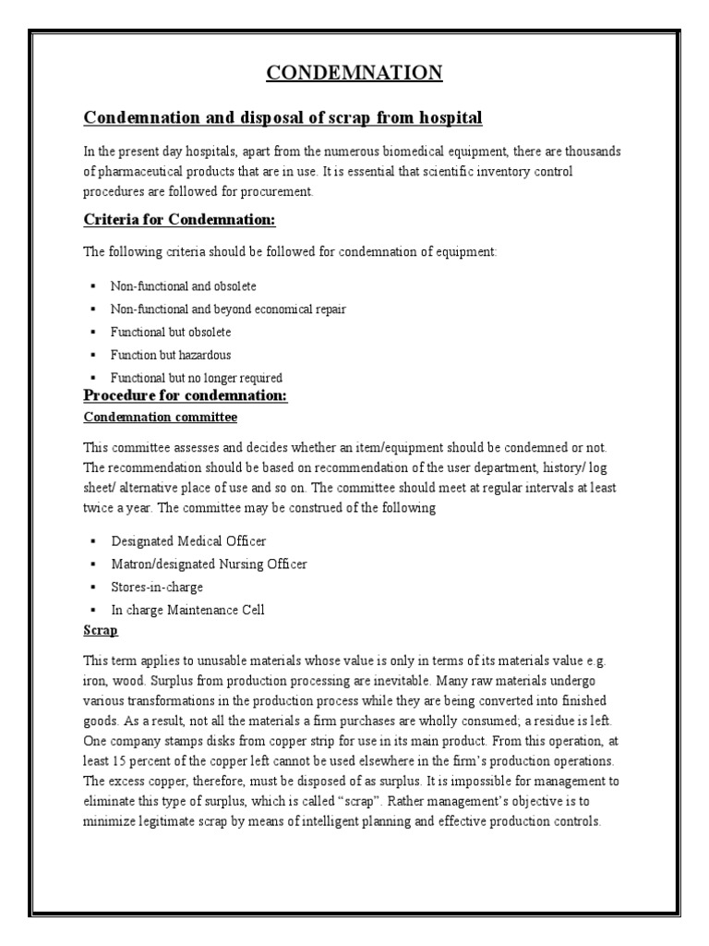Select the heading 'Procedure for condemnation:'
tap(186, 395)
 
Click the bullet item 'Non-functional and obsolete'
tap(184, 286)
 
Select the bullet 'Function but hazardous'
tap(171, 355)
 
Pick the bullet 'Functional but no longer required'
tap(197, 378)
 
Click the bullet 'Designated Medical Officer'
tap(188, 541)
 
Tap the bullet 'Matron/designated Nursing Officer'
tap(210, 564)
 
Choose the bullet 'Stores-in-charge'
tap(157, 587)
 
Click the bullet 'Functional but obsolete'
tap(171, 332)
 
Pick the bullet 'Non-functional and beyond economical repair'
tap(228, 309)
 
